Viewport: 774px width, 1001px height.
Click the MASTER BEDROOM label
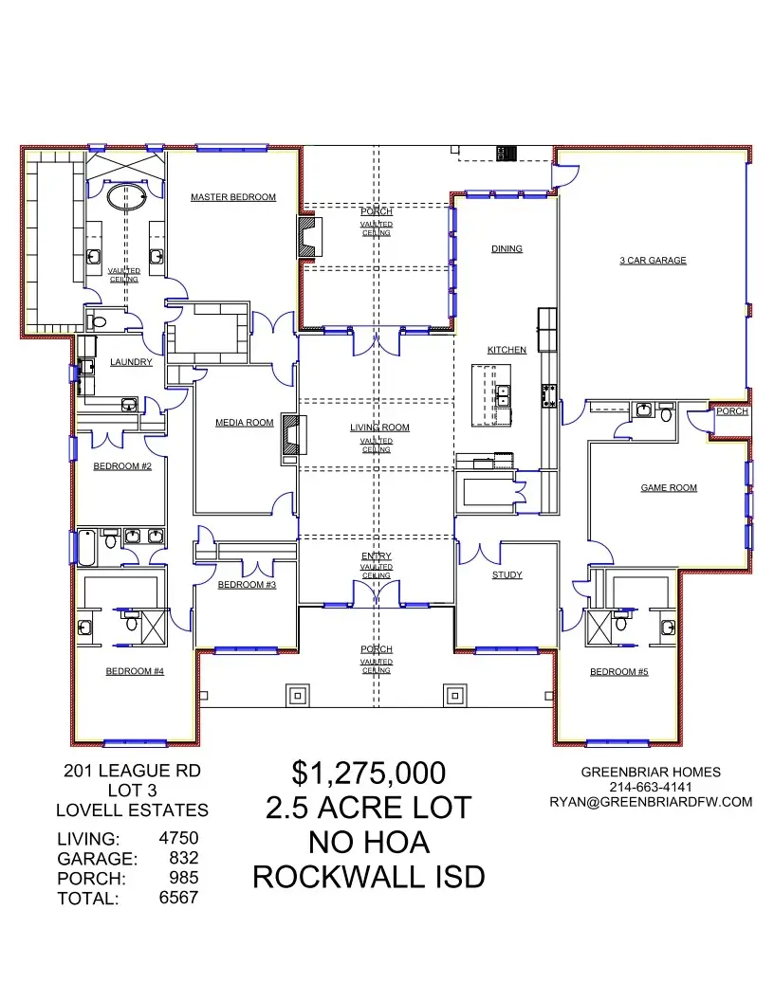pos(232,197)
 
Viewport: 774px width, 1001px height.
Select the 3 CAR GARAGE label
pos(653,260)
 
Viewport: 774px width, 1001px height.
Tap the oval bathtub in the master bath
pos(125,197)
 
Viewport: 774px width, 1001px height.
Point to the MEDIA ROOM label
pos(244,423)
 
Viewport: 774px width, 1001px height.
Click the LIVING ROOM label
pos(379,428)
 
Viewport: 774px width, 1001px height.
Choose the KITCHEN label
pos(507,350)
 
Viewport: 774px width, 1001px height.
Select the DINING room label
pos(507,249)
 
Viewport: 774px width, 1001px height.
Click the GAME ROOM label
pos(669,487)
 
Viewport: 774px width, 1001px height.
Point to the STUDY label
pos(507,574)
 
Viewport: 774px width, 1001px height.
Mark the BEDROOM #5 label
pos(618,672)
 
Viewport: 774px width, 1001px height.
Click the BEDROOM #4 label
pos(135,671)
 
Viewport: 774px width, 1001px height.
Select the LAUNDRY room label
pos(131,362)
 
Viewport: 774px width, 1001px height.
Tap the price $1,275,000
pos(368,773)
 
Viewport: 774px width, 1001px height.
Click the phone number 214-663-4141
pos(650,787)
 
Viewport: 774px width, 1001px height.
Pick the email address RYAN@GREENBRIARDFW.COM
pos(651,802)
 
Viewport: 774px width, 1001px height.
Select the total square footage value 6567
pos(178,896)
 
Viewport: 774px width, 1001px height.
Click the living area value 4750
pos(178,838)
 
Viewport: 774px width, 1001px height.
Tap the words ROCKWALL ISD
pos(368,877)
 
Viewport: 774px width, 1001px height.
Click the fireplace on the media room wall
pos(290,438)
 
